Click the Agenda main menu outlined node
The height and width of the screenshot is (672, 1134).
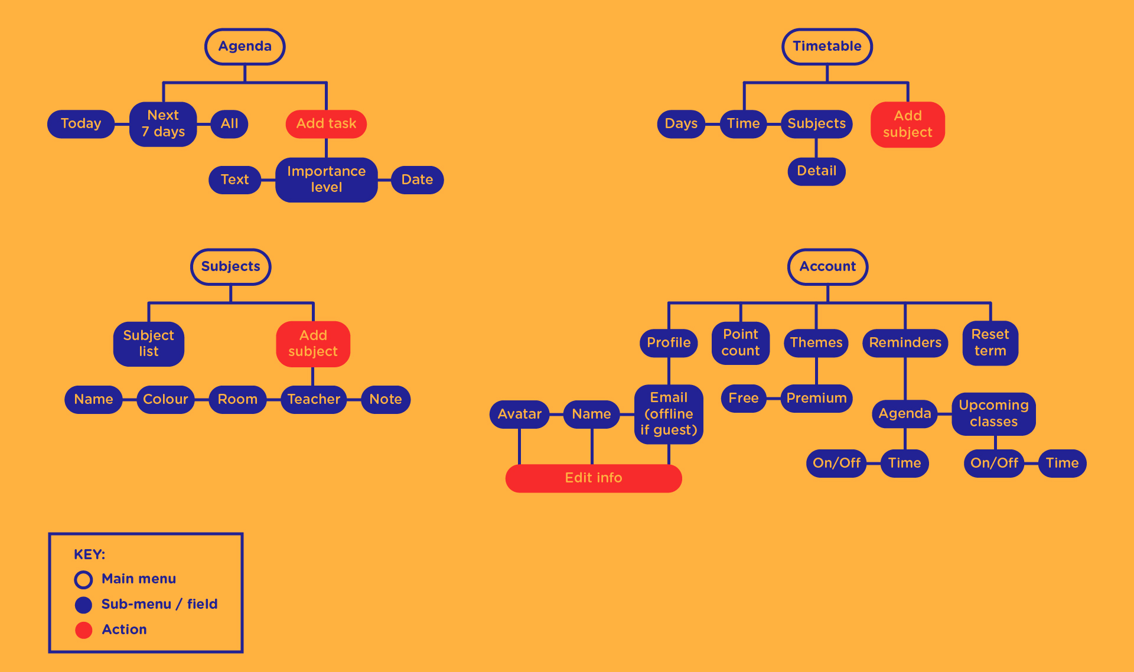(x=245, y=47)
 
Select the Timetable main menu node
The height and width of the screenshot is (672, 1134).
(x=827, y=47)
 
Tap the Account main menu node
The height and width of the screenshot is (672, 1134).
(x=827, y=267)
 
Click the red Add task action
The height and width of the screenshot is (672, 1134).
(x=326, y=124)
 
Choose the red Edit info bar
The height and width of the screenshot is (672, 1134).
(x=594, y=478)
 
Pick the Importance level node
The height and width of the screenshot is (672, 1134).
(x=326, y=180)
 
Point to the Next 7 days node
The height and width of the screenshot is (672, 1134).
(x=163, y=124)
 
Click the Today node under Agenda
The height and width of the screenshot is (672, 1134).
(x=81, y=124)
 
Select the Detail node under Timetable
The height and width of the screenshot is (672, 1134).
(x=816, y=171)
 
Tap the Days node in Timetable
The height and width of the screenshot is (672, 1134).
(x=681, y=124)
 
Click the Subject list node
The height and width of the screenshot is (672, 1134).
(x=148, y=344)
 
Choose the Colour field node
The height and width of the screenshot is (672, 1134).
(x=165, y=400)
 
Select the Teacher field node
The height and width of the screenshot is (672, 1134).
(x=314, y=400)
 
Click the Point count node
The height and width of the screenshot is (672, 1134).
(x=740, y=343)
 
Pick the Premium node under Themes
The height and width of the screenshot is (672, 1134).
(x=816, y=399)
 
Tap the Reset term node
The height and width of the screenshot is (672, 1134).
(x=990, y=343)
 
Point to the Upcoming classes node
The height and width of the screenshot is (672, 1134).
(x=993, y=414)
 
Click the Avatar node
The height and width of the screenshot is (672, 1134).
(x=519, y=415)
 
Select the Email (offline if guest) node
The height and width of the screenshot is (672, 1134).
(x=669, y=414)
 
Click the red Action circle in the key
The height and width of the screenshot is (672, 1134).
(x=84, y=630)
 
